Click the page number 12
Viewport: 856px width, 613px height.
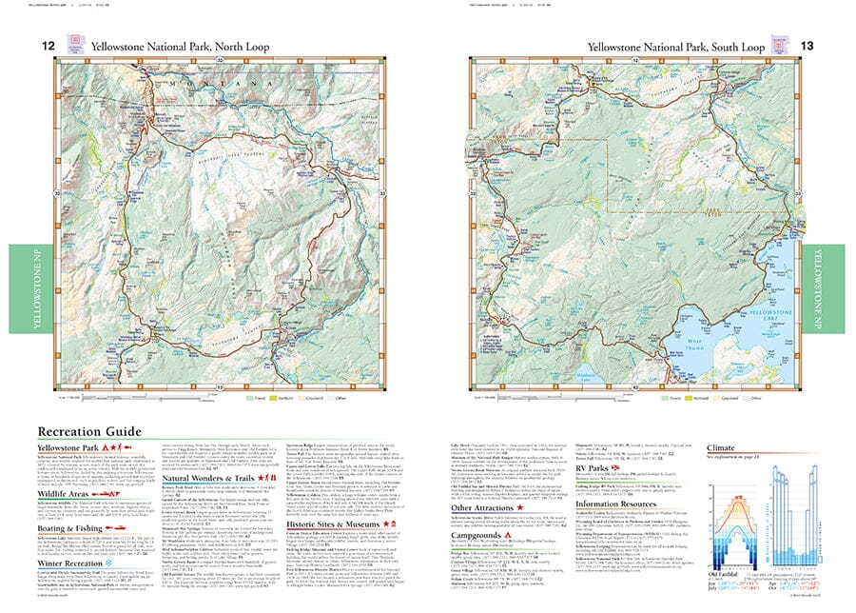(46, 45)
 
